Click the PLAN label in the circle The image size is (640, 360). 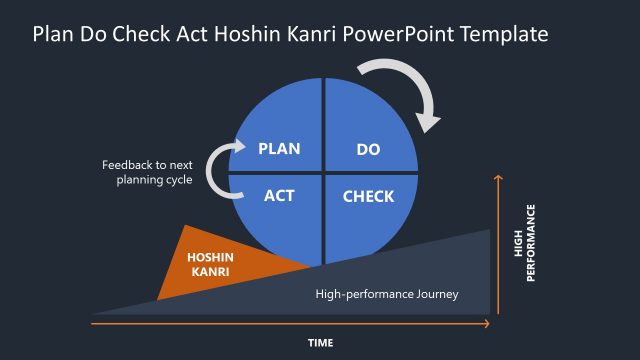tap(279, 150)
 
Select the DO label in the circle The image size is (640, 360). tap(368, 150)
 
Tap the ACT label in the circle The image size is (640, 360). tap(279, 195)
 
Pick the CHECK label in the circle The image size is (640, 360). tap(368, 196)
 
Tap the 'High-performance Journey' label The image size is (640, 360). tap(386, 294)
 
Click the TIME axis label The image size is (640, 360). tap(320, 343)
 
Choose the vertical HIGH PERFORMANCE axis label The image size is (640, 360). tap(524, 243)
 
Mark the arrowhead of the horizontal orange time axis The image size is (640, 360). tap(486, 322)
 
